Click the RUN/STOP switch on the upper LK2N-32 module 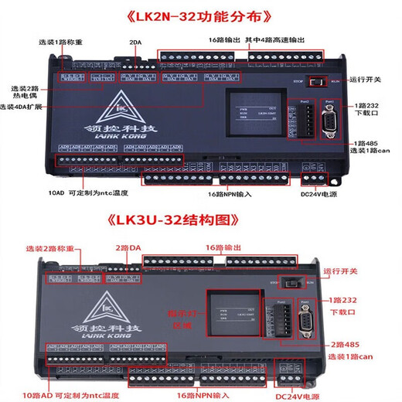[315, 80]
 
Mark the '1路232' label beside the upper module [368, 103]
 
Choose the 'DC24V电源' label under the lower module [299, 397]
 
